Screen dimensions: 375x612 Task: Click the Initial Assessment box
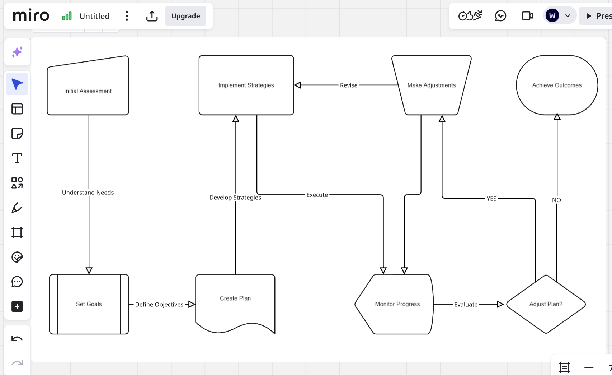[88, 91]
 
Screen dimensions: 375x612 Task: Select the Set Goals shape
[89, 304]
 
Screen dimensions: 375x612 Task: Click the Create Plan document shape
[235, 298]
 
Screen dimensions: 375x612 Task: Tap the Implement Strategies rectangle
[246, 85]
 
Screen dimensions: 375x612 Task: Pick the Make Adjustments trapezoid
[431, 85]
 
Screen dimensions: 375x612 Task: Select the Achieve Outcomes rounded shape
[557, 85]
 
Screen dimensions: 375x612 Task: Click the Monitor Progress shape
[397, 304]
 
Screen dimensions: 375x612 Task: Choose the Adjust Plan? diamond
[546, 304]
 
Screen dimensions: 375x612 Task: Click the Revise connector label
[348, 85]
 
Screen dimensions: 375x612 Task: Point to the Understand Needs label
[88, 193]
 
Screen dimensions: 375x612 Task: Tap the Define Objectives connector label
[159, 304]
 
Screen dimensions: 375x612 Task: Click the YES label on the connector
[491, 199]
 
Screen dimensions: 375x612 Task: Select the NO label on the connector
[556, 200]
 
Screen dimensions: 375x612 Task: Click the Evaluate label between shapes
[466, 304]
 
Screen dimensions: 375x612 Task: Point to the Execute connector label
[317, 195]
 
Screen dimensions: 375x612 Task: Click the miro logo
[31, 16]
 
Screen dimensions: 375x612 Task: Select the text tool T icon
[17, 158]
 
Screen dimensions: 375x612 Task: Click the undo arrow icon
[17, 339]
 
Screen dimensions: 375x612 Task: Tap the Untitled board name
[94, 16]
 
